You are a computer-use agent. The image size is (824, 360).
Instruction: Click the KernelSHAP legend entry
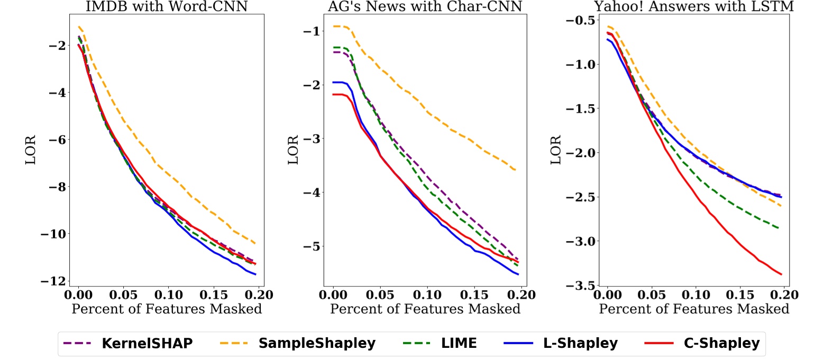(127, 343)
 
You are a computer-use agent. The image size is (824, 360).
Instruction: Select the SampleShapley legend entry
(297, 343)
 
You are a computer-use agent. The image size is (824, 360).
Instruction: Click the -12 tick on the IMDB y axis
(53, 281)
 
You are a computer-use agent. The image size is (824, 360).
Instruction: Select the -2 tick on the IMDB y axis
(57, 45)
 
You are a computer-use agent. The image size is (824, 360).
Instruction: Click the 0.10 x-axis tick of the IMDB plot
(168, 294)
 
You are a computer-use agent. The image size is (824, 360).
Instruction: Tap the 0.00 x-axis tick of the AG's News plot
(333, 294)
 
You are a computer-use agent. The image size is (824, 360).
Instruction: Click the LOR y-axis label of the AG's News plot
(294, 150)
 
